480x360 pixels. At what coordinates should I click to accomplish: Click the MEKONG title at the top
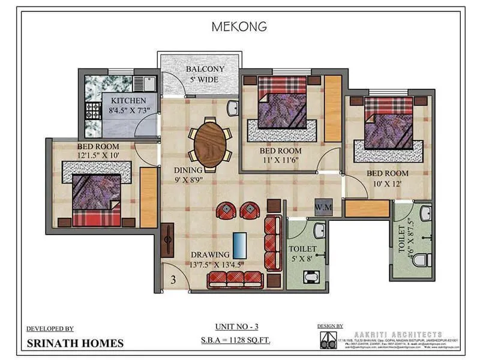pyautogui.click(x=239, y=26)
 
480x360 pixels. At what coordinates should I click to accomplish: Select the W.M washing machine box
pyautogui.click(x=322, y=208)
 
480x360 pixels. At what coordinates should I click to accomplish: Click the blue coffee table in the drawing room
pyautogui.click(x=239, y=244)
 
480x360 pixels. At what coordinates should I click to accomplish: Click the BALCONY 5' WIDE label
pyautogui.click(x=205, y=74)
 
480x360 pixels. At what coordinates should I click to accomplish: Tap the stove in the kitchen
pyautogui.click(x=94, y=110)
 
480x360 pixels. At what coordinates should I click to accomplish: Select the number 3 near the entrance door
pyautogui.click(x=173, y=279)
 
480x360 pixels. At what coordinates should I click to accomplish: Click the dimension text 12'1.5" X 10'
pyautogui.click(x=98, y=155)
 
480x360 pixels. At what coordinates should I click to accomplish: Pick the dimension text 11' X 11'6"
pyautogui.click(x=280, y=160)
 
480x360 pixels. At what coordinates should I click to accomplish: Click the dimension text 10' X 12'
pyautogui.click(x=387, y=184)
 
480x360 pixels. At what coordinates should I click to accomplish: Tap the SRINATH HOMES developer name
pyautogui.click(x=75, y=343)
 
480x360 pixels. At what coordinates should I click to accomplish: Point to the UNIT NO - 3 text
pyautogui.click(x=239, y=328)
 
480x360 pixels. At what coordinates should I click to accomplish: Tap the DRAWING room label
pyautogui.click(x=211, y=255)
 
